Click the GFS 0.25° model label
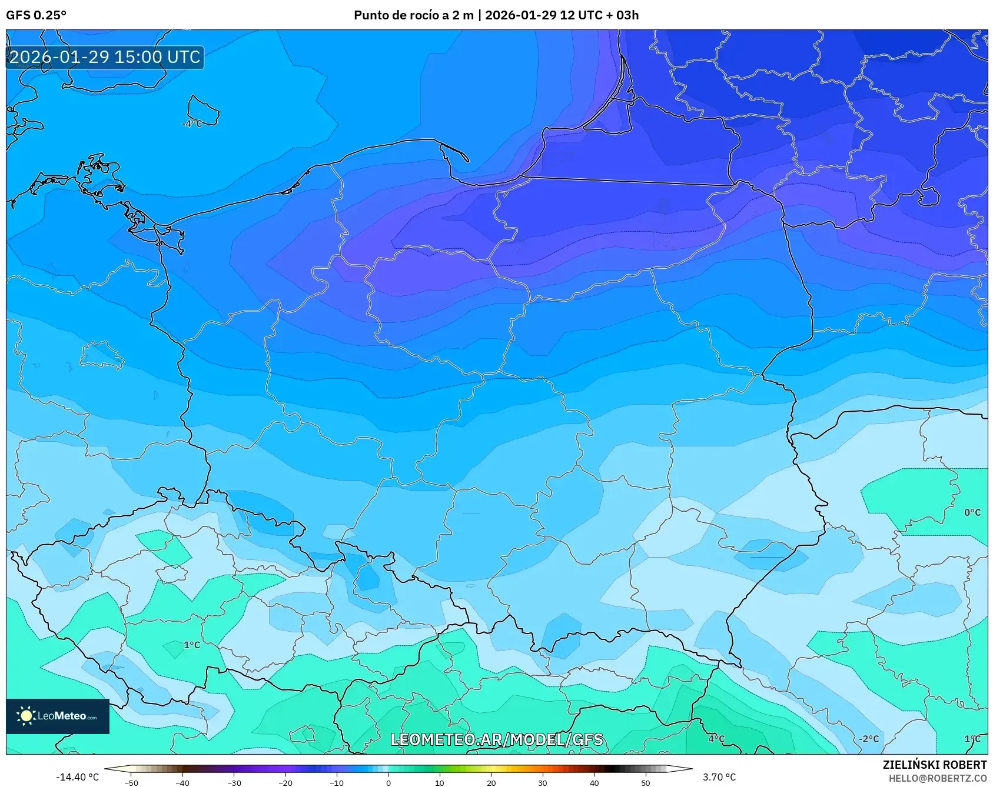pyautogui.click(x=36, y=15)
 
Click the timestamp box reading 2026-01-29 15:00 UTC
pyautogui.click(x=105, y=57)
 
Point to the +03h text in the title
pyautogui.click(x=622, y=15)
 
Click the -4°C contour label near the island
pyautogui.click(x=191, y=124)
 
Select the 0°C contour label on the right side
pyautogui.click(x=972, y=512)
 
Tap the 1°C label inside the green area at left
pyautogui.click(x=192, y=645)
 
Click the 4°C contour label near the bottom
pyautogui.click(x=716, y=739)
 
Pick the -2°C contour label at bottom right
pyautogui.click(x=868, y=739)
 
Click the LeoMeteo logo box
pyautogui.click(x=58, y=716)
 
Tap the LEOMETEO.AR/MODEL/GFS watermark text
pyautogui.click(x=496, y=739)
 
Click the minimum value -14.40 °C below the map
pyautogui.click(x=77, y=777)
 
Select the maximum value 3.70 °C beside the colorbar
pyautogui.click(x=719, y=777)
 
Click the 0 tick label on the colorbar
pyautogui.click(x=388, y=783)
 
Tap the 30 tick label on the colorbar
pyautogui.click(x=542, y=783)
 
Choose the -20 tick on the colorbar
pyautogui.click(x=285, y=783)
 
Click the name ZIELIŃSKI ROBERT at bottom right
pyautogui.click(x=934, y=765)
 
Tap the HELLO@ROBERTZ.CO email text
pyautogui.click(x=937, y=778)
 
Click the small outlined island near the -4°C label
pyautogui.click(x=202, y=110)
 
